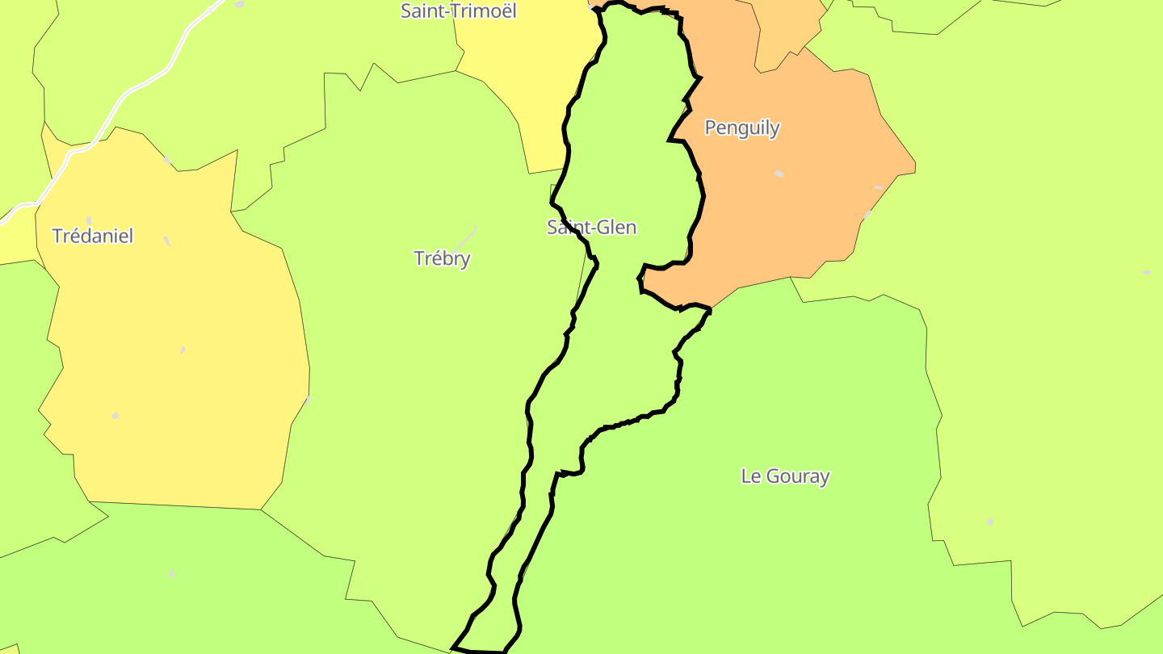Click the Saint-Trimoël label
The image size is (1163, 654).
[458, 10]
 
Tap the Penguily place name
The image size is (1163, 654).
[742, 128]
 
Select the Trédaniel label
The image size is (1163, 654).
[92, 236]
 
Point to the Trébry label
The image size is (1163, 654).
[442, 258]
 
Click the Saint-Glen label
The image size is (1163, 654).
[591, 228]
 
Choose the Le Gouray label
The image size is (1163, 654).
[785, 476]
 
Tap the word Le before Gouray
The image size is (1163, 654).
[750, 476]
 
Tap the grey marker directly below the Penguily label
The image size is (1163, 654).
[779, 174]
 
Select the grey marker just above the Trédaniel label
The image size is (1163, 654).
[89, 220]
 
